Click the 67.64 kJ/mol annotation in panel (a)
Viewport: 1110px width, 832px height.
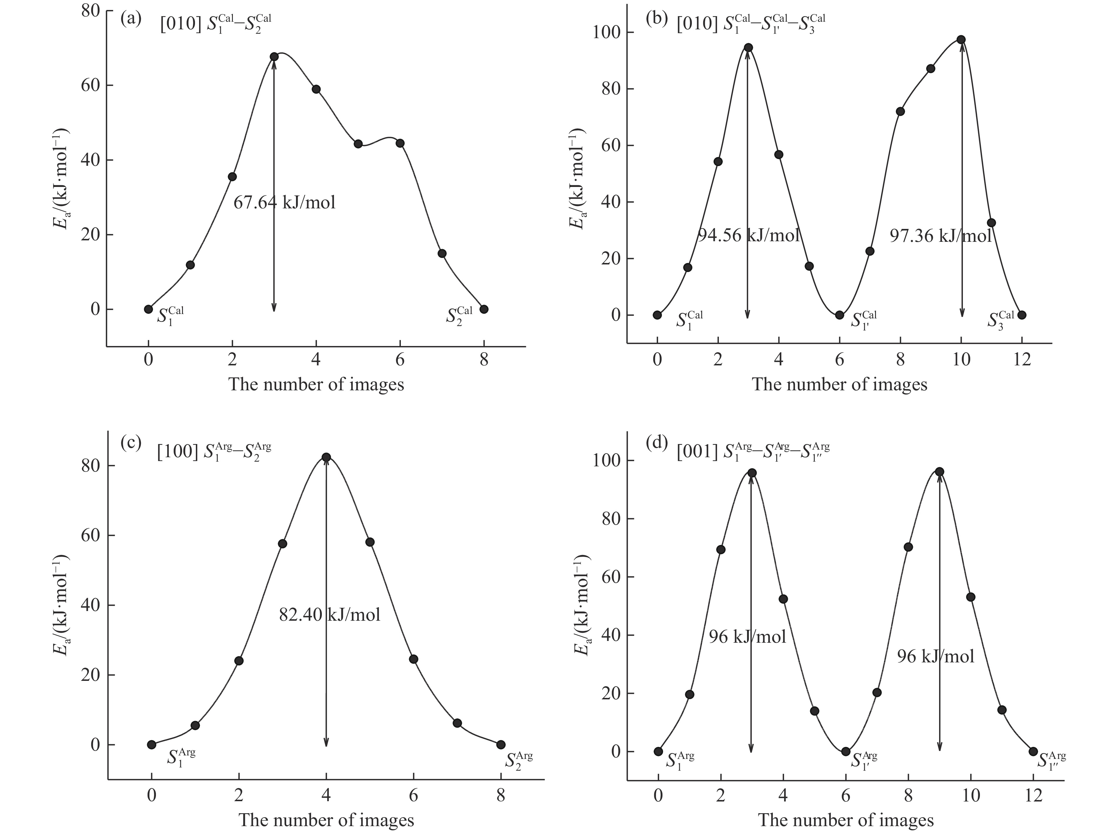(284, 202)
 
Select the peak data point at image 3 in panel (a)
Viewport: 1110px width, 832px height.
(274, 57)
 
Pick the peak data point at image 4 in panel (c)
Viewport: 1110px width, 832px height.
(326, 457)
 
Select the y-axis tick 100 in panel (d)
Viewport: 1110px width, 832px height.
(606, 460)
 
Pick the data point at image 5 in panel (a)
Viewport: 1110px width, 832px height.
(358, 144)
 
